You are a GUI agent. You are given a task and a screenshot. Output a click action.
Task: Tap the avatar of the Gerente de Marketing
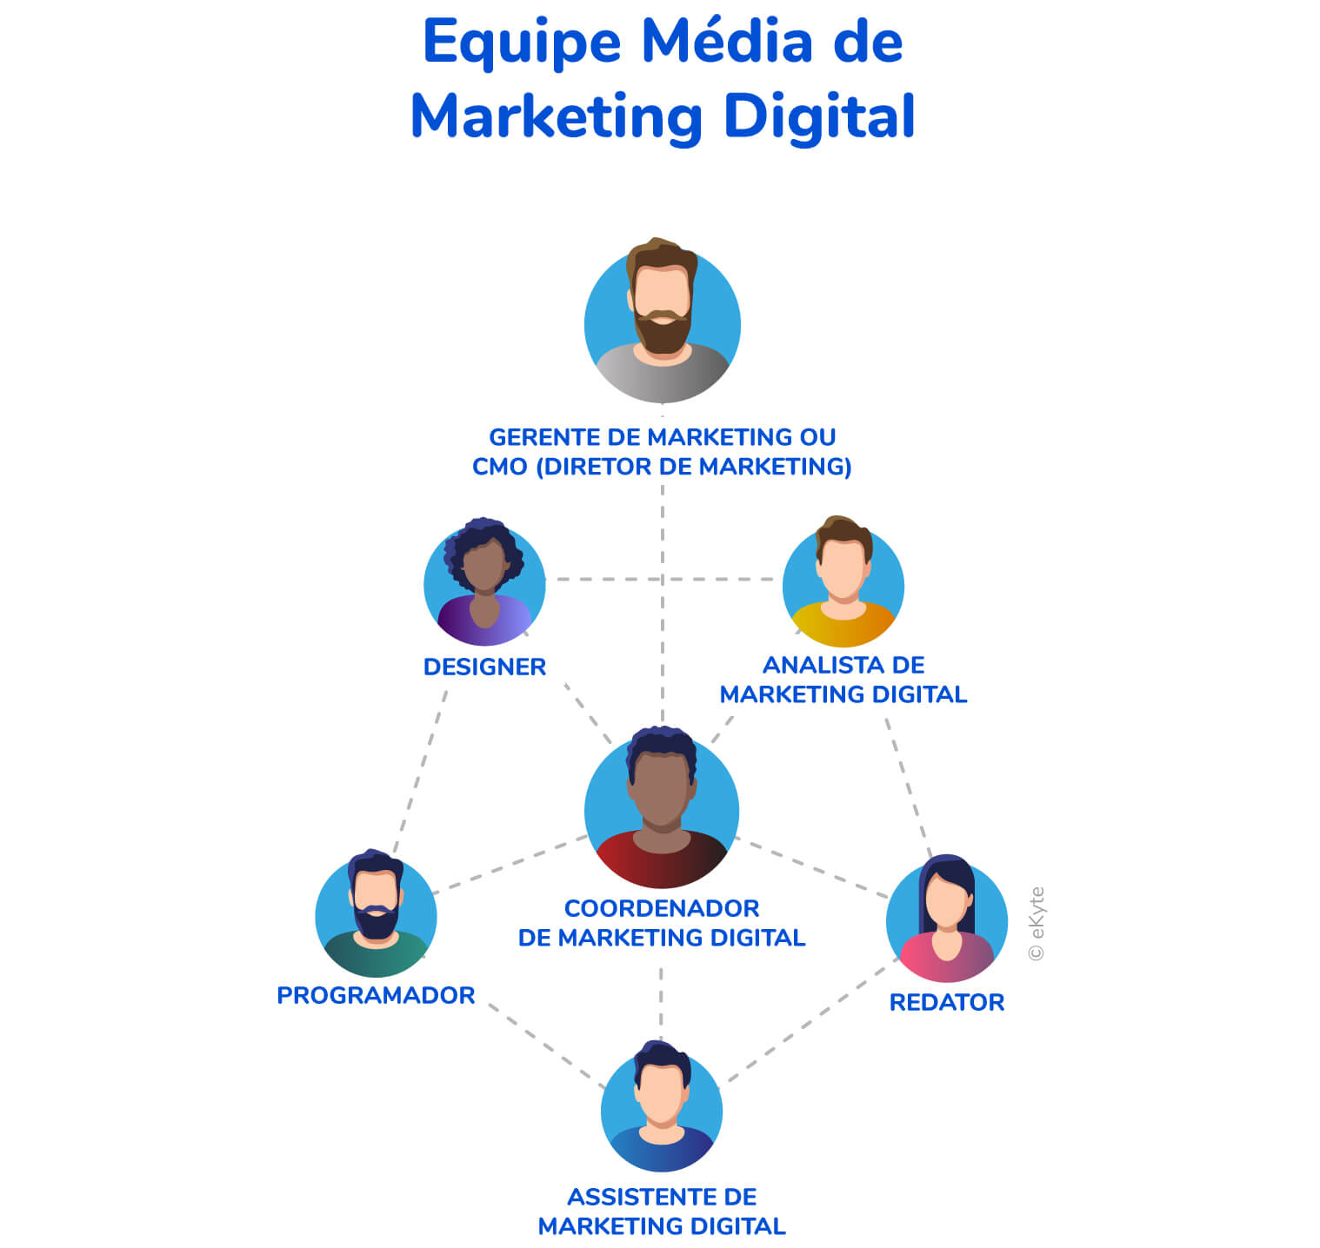[x=662, y=323]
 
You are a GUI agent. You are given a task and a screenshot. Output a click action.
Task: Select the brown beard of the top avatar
[x=663, y=333]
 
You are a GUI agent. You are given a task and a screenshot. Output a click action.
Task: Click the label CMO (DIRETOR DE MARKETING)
[x=662, y=467]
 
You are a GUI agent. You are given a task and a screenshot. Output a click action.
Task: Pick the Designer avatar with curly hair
[x=484, y=584]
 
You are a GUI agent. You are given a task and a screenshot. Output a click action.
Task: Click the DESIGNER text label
[x=484, y=667]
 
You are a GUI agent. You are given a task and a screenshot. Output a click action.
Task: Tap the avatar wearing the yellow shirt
[x=843, y=584]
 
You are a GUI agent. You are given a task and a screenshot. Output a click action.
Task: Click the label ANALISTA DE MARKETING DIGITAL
[x=843, y=680]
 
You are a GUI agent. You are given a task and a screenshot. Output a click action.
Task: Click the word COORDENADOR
[x=662, y=908]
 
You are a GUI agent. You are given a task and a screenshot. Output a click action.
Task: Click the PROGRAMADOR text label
[x=376, y=995]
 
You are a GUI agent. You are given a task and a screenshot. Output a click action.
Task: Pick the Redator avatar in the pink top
[x=946, y=919]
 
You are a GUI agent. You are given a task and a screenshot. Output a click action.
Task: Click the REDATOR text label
[x=946, y=1002]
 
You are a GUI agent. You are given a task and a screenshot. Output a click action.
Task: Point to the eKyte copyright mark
[x=1036, y=923]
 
